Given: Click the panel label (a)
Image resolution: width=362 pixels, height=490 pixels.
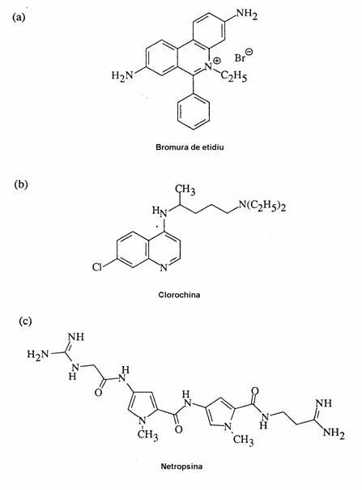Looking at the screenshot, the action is [18, 17].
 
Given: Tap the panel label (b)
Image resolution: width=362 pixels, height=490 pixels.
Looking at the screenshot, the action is [21, 184].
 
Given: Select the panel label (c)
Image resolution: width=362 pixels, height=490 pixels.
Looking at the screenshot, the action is [25, 321].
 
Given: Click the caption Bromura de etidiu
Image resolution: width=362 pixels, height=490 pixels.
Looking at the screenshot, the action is [190, 147].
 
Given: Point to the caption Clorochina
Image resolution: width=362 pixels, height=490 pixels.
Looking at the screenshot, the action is [179, 294].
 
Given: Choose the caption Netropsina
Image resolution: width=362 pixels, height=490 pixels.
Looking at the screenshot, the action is [181, 467].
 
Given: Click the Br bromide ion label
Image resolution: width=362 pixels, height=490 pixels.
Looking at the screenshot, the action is [240, 58].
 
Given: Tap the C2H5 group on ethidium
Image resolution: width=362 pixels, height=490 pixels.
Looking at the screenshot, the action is [234, 75].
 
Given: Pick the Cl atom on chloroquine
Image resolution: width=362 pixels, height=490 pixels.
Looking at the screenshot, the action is [97, 267].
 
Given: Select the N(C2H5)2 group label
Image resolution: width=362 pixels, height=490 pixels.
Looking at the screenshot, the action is [262, 207].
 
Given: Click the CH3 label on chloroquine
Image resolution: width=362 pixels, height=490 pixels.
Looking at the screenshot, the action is [185, 190].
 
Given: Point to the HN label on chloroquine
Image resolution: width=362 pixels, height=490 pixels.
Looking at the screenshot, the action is [160, 211].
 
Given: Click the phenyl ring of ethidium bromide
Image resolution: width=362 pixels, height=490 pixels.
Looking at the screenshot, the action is [193, 112].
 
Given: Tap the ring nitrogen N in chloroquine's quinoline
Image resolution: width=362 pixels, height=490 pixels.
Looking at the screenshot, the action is [164, 268].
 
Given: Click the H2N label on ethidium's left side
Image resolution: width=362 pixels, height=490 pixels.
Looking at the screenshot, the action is [122, 75].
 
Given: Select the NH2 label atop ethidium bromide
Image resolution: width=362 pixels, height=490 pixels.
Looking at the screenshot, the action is [246, 14].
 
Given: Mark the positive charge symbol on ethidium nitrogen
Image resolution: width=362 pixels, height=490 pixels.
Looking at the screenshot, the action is [217, 60].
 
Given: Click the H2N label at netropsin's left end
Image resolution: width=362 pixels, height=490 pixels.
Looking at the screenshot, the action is [38, 355].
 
